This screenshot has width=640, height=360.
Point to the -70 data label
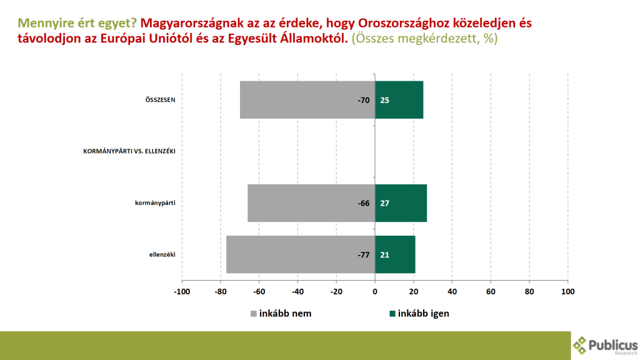click(364, 100)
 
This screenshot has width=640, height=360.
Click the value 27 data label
click(385, 203)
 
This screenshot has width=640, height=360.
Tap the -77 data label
click(364, 254)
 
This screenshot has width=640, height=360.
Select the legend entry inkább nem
click(281, 314)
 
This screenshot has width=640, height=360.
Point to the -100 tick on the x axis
click(181, 291)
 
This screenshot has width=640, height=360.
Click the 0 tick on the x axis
click(375, 291)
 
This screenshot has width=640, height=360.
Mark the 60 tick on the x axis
click(491, 291)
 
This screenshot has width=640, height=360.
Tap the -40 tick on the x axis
click(297, 291)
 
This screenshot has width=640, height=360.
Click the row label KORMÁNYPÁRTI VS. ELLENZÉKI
click(129, 151)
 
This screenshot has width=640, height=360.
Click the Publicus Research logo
click(605, 345)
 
